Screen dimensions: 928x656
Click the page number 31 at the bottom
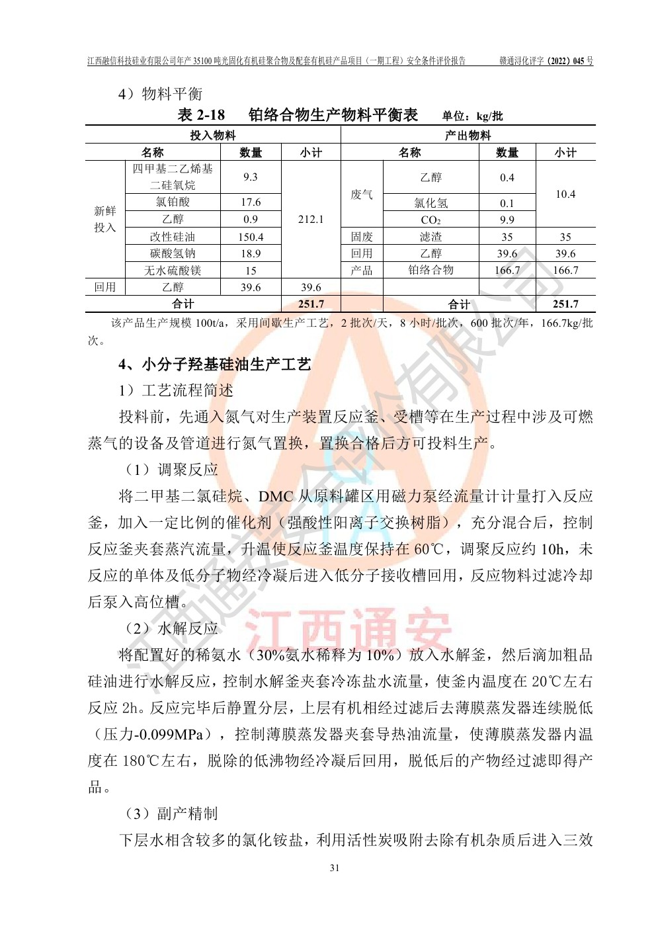[x=334, y=868]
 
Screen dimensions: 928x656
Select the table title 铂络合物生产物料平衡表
[x=333, y=115]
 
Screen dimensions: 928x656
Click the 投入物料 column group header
[x=212, y=135]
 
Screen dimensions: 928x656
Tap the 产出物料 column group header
[x=468, y=135]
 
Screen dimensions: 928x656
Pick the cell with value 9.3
[x=251, y=177]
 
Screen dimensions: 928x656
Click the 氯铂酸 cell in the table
[x=173, y=202]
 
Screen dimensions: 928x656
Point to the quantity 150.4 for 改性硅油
[x=251, y=237]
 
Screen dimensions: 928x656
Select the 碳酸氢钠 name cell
[x=173, y=253]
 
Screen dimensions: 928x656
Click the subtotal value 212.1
[x=311, y=219]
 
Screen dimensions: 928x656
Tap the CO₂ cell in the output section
[x=430, y=220]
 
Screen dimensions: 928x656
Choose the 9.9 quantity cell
[x=507, y=220]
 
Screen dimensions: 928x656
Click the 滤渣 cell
[x=430, y=237]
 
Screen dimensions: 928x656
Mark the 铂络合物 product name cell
[x=430, y=270]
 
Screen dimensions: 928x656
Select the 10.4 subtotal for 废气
[x=565, y=194]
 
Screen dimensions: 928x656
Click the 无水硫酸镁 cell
[x=173, y=271]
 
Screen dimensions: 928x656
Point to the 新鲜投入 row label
[x=105, y=219]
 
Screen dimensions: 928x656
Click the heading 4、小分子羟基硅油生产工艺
[x=214, y=364]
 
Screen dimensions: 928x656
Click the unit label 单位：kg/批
[x=472, y=116]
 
